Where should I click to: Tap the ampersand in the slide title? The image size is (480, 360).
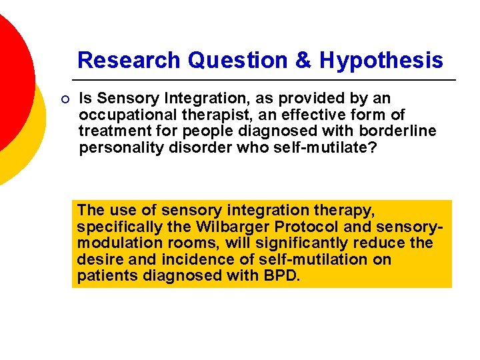303,61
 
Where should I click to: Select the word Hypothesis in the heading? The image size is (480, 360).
381,61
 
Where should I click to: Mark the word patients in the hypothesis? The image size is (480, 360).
106,275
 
